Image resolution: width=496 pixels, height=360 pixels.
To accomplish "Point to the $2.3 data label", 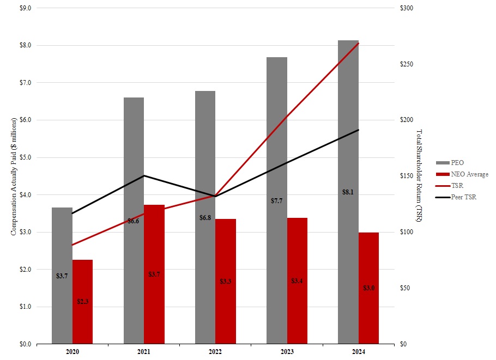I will pos(83,301).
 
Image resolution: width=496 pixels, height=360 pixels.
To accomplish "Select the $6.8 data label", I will pos(205,218).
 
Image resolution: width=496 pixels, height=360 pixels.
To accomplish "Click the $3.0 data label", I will pos(369,288).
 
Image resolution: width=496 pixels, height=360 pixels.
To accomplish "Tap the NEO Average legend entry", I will pos(468,174).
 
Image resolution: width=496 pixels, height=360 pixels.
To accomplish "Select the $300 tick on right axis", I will pos(407,8).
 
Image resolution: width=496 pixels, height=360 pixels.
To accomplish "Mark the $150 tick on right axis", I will pos(407,176).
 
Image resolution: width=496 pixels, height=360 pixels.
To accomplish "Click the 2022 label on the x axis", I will pos(215,352).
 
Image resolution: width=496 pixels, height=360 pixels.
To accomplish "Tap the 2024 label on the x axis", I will pos(359,352).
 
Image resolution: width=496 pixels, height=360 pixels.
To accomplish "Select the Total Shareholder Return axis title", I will pos(419,176).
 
